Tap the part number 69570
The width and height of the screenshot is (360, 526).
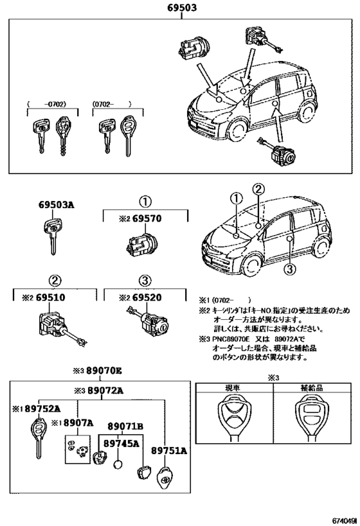[x=148, y=219]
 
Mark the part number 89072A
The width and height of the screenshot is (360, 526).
[x=101, y=390]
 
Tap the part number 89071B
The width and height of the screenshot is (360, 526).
[x=125, y=426]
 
